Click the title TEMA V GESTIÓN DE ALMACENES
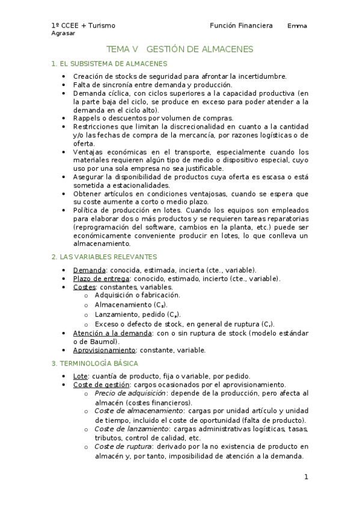(180, 49)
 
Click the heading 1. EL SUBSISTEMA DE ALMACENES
(109, 64)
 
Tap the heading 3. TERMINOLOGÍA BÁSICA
(95, 363)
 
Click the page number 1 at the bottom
(306, 477)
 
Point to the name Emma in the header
(297, 26)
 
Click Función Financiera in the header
(241, 26)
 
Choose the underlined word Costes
(85, 287)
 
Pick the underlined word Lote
(81, 376)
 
